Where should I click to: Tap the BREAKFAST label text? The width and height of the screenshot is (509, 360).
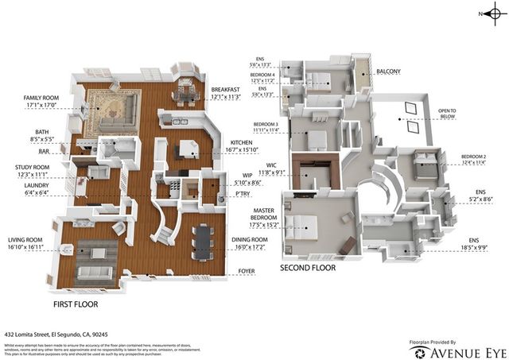[x=227, y=89]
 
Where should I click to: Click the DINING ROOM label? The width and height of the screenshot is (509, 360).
[x=248, y=241]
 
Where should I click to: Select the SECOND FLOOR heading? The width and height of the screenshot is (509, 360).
[x=308, y=269]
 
